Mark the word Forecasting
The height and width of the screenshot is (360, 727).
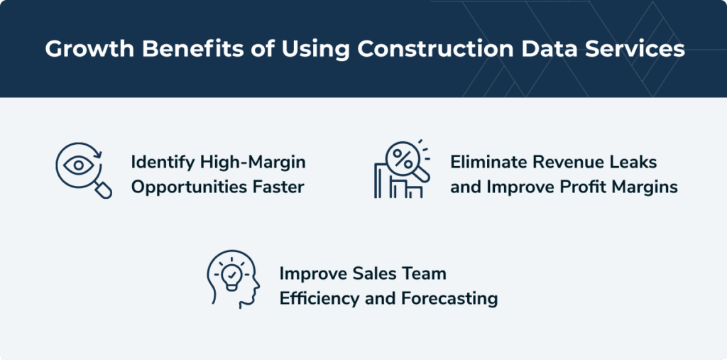click(448, 299)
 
